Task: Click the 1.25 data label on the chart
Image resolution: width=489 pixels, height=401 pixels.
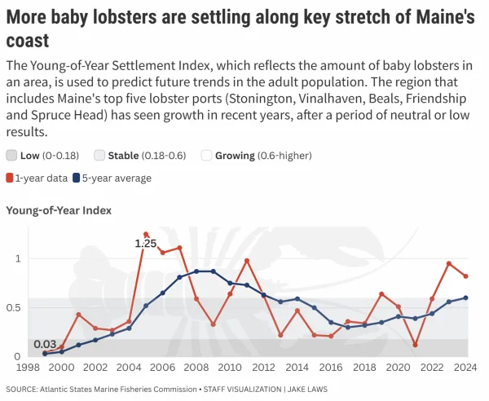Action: pos(145,243)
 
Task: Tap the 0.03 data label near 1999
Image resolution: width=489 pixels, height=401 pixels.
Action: pos(46,344)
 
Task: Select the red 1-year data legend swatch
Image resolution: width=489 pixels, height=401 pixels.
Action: pos(10,178)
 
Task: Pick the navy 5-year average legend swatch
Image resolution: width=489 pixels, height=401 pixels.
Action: pos(77,178)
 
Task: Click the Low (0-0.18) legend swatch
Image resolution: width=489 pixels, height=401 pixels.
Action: pos(11,155)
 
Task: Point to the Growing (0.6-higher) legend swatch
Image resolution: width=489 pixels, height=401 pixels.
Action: pos(207,155)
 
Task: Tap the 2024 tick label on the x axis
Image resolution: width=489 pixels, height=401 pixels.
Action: pos(465,368)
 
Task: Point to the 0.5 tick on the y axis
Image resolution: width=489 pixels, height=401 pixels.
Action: pos(14,307)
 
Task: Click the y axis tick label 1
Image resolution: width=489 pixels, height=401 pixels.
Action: pos(17,258)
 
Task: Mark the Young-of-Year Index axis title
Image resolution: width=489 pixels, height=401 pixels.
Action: pos(59,210)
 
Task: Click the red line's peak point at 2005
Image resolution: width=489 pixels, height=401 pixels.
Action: pos(146,235)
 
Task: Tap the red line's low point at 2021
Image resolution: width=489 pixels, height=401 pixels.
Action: pos(416,345)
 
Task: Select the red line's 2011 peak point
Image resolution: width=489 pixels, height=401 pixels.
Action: pos(247,261)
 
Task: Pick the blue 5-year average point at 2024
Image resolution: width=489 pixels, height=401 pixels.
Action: pos(466,297)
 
